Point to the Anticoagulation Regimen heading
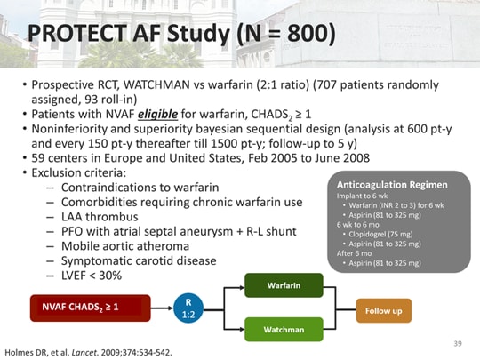[388, 183]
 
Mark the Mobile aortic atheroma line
[125, 245]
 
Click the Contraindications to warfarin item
[139, 187]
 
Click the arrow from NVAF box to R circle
[162, 308]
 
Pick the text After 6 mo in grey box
[354, 253]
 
